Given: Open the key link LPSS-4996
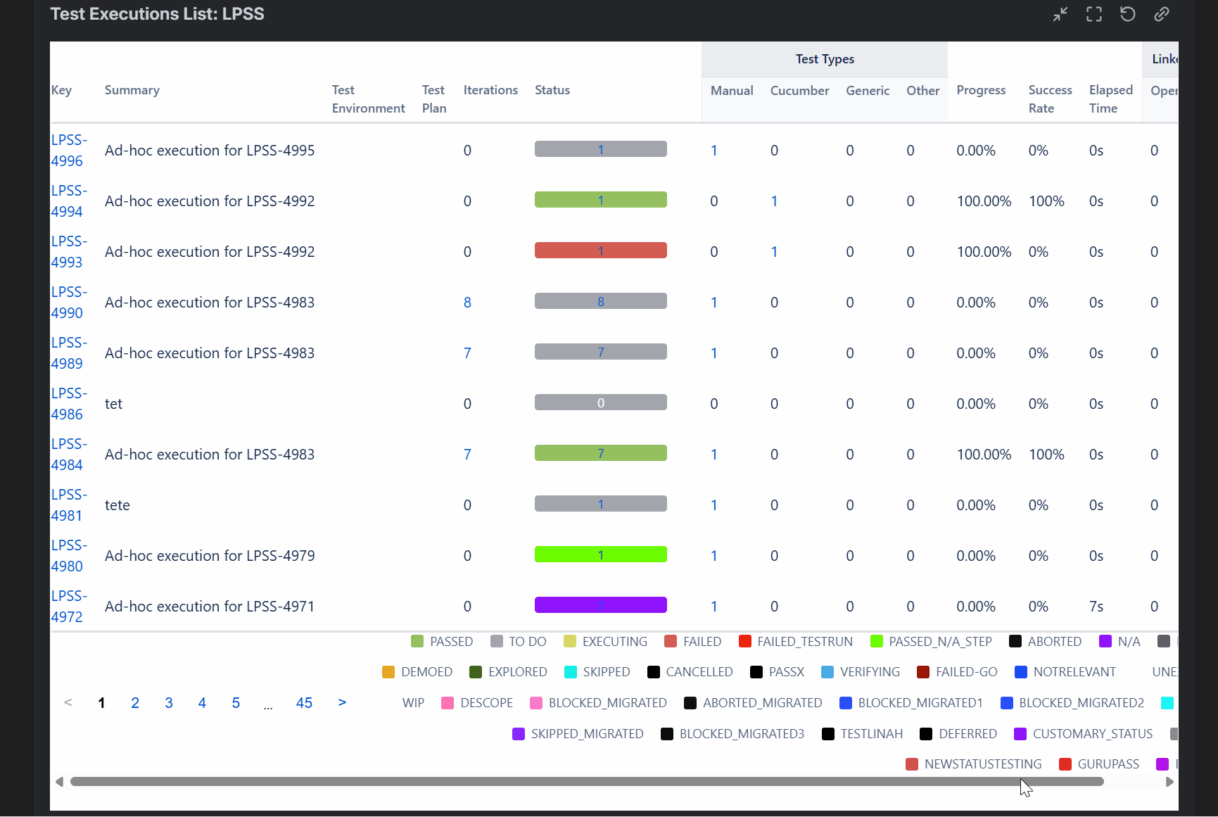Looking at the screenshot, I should coord(68,151).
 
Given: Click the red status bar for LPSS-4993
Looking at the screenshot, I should coord(600,251).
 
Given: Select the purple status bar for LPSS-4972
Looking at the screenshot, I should coord(600,605).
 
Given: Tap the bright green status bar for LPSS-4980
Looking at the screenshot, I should coord(600,555).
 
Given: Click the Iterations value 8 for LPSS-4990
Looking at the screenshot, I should coord(467,303).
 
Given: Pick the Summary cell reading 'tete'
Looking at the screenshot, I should coord(118,505).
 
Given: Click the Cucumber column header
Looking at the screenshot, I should coord(799,91).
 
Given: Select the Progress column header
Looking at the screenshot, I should coord(981,91).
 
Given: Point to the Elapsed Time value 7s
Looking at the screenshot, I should coord(1096,607).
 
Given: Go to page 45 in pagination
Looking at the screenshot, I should coord(304,703).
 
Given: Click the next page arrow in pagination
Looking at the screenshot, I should coord(342,702).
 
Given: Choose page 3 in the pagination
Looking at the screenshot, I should coord(169,703).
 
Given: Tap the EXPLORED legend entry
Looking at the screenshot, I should coord(508,672).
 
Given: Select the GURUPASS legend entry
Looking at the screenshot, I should coord(1099,764).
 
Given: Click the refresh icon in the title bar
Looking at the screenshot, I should coord(1127,14).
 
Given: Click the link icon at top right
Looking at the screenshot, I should coord(1161,14).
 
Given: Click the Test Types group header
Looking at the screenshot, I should coord(825,60).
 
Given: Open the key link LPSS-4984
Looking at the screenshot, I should coord(68,455).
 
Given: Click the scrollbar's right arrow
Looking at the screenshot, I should coord(1169,782).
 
